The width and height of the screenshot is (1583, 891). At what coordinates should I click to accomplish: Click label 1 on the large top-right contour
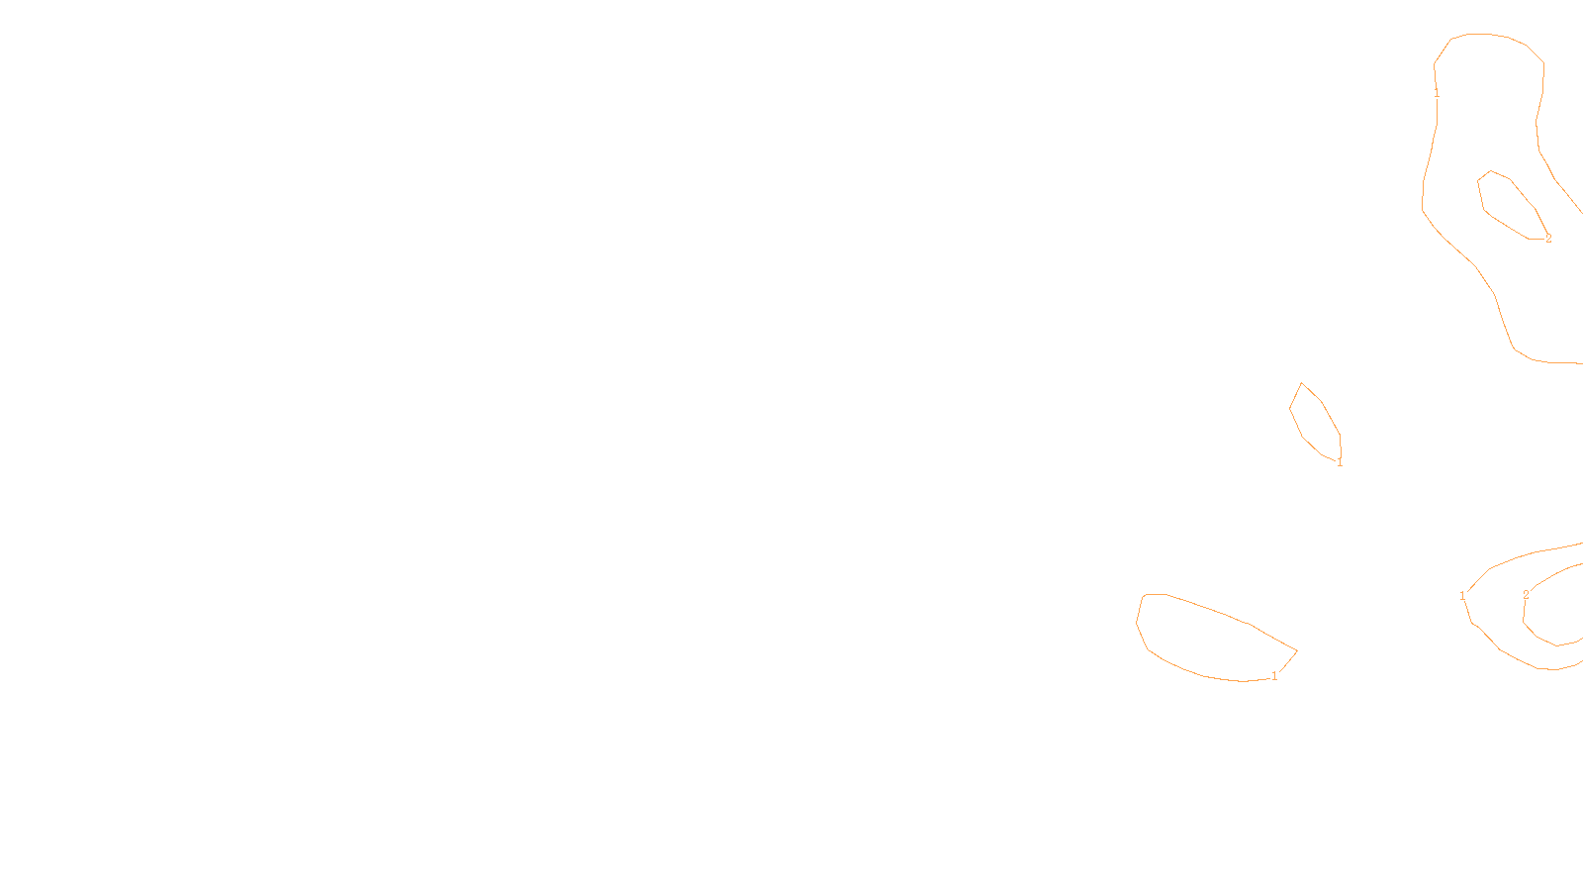1437,93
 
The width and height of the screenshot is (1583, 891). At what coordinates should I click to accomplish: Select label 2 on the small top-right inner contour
1548,239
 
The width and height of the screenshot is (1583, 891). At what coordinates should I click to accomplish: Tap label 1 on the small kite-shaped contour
1340,462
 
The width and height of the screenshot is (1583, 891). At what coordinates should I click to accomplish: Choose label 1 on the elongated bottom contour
1274,676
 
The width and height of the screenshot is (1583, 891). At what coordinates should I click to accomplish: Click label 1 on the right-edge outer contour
1462,596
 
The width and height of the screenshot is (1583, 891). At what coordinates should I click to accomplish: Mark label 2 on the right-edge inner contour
1526,595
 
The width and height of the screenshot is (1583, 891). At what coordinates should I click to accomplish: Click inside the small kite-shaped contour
1314,421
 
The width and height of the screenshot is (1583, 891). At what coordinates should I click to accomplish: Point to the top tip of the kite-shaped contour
1301,383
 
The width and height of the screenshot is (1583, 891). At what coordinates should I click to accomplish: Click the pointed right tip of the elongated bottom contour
1296,650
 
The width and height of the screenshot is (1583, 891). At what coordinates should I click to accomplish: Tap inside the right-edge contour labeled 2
1558,609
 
